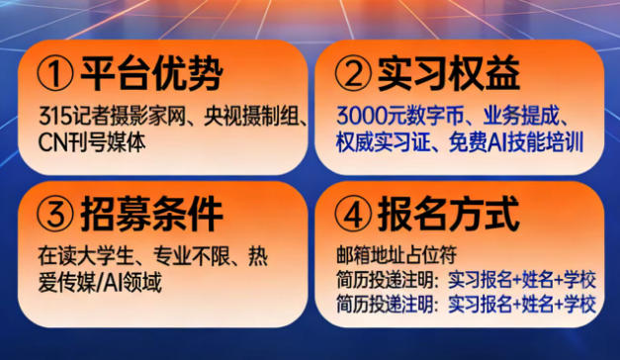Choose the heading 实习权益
point(449,73)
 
